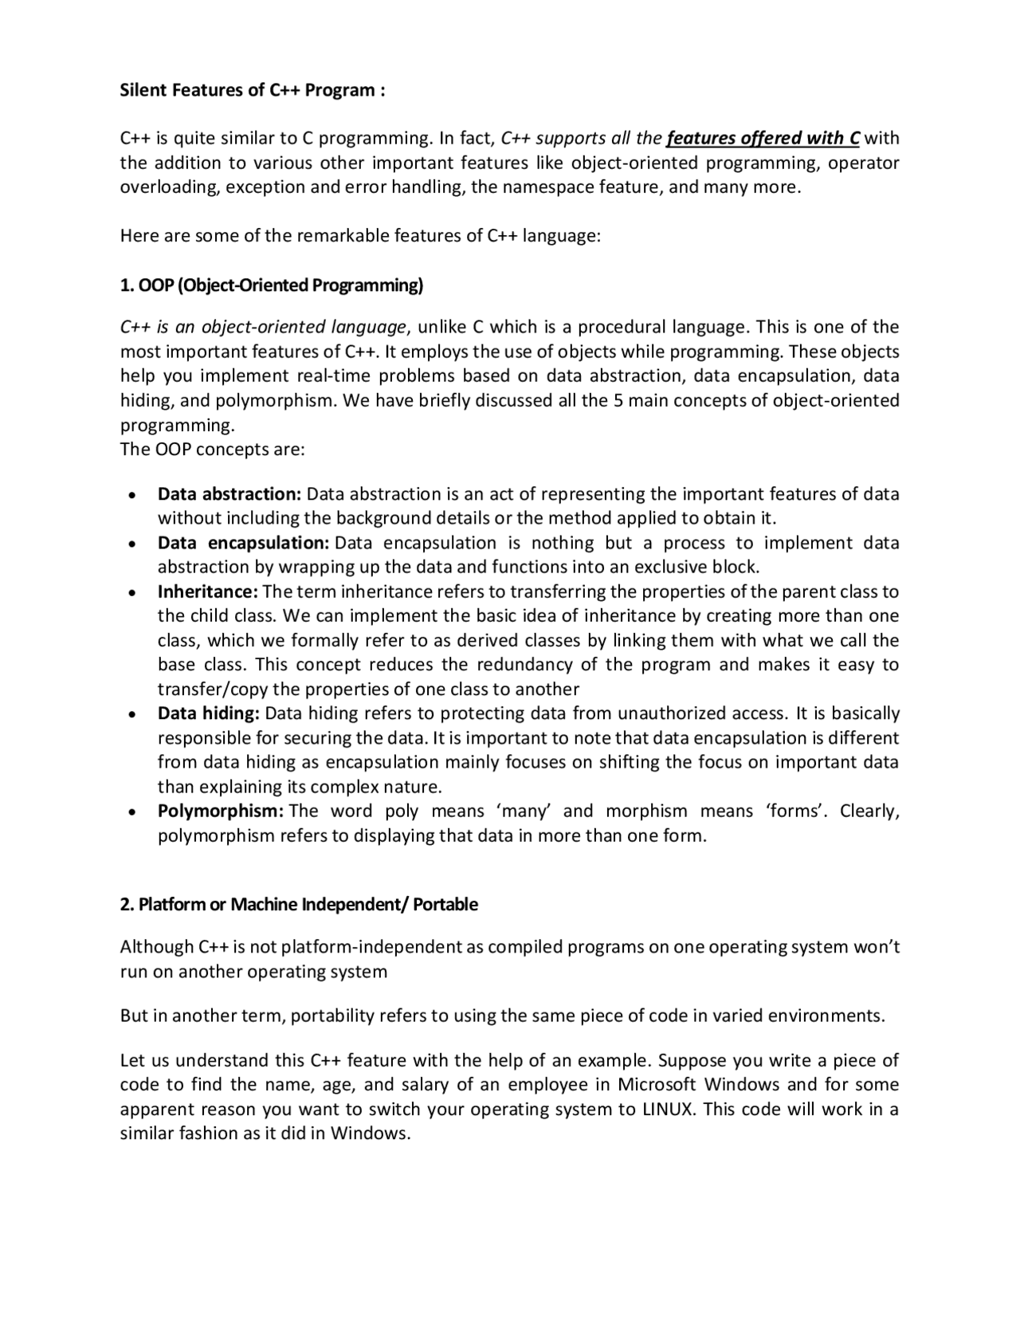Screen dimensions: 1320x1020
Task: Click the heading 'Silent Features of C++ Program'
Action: coord(252,90)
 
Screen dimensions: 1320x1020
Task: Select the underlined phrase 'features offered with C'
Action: coord(763,139)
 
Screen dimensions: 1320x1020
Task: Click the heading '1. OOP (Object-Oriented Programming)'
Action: coord(271,285)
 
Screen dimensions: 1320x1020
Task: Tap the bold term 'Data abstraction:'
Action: coord(229,494)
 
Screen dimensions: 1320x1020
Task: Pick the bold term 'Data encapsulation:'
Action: coord(243,543)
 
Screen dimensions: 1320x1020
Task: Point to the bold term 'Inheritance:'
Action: coord(207,591)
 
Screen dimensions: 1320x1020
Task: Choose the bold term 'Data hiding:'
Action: coord(209,713)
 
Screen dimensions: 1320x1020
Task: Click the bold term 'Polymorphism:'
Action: coord(220,811)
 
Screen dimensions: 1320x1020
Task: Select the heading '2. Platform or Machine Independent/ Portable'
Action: coord(299,905)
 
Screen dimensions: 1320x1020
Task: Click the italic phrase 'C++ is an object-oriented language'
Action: coord(263,327)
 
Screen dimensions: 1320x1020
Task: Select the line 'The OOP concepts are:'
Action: coord(212,450)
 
